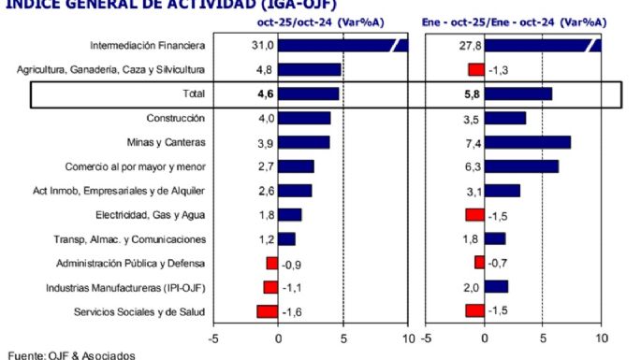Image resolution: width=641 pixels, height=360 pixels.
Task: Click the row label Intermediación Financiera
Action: click(x=148, y=45)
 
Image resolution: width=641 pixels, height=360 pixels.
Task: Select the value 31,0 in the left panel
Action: click(x=263, y=45)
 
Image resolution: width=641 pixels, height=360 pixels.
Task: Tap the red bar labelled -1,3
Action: click(x=475, y=69)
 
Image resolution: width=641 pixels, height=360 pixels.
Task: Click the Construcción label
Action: click(x=176, y=118)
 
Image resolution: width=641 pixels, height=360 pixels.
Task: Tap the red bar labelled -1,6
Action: click(x=268, y=311)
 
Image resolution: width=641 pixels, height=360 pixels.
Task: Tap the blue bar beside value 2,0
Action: click(x=495, y=287)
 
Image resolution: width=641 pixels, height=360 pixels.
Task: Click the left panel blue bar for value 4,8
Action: click(x=310, y=69)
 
